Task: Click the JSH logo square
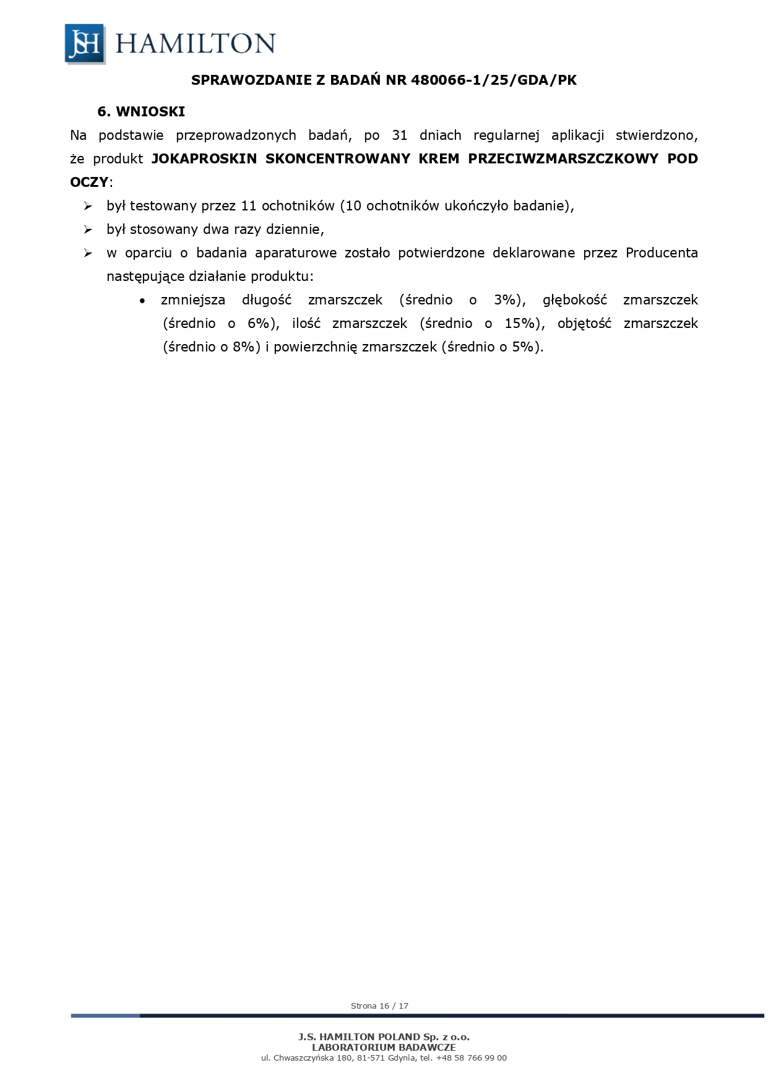85,43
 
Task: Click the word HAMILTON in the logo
195,44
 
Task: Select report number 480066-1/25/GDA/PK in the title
493,80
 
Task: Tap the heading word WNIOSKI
150,111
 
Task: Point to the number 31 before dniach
400,135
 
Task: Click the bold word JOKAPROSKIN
204,158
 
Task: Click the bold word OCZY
88,182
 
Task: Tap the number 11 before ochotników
249,205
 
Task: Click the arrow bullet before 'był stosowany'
88,230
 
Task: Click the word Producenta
662,252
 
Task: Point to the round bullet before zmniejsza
143,301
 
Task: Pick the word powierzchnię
315,347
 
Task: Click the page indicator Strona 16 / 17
379,1006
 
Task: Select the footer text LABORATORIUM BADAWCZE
384,1047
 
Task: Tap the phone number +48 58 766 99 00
471,1058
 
